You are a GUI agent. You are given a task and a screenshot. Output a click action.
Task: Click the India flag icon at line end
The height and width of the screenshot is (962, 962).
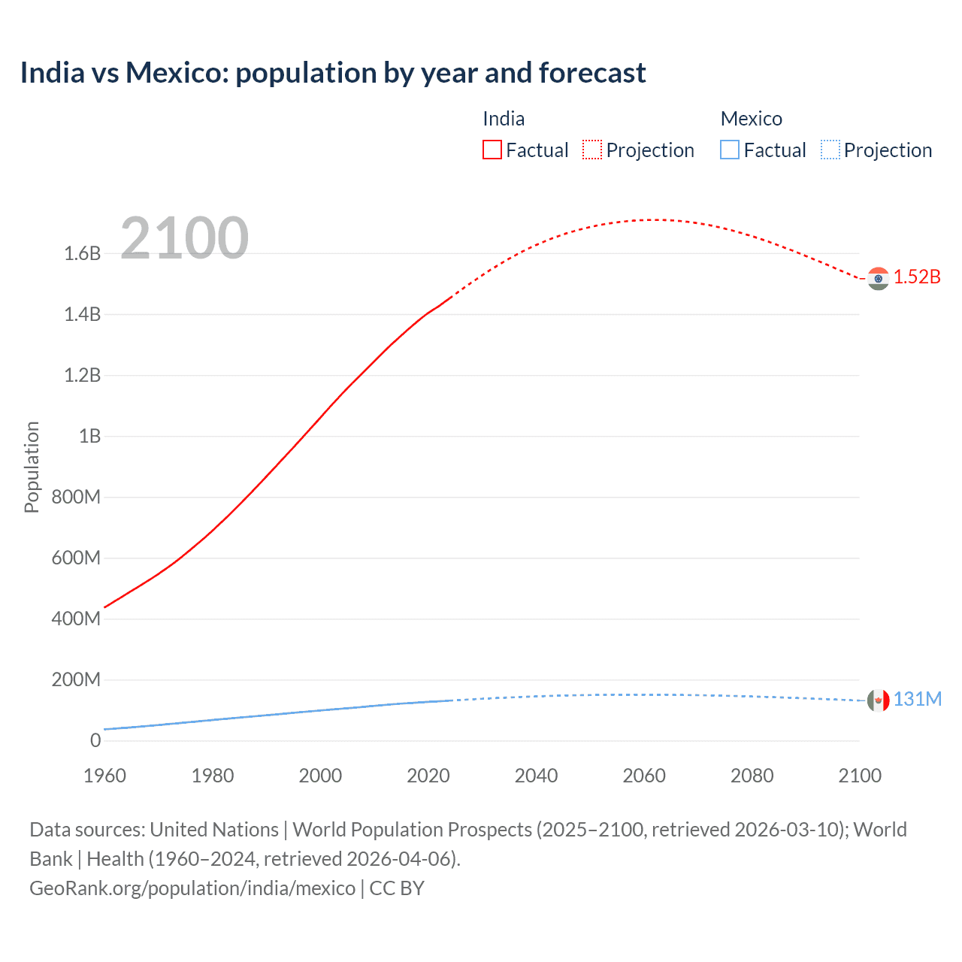(x=878, y=278)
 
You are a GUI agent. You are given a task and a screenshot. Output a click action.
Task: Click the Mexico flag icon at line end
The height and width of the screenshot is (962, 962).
(x=878, y=700)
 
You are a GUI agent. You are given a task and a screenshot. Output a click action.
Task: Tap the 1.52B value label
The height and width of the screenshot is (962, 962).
(x=917, y=277)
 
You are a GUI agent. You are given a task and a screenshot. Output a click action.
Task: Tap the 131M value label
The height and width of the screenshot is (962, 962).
(x=917, y=700)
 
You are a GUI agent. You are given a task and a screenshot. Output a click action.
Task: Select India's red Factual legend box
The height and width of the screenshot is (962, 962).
(x=492, y=150)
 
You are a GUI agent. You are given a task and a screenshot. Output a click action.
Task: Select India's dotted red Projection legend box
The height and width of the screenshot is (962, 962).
(x=592, y=150)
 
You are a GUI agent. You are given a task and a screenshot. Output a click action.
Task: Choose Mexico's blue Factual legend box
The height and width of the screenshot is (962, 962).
(x=730, y=150)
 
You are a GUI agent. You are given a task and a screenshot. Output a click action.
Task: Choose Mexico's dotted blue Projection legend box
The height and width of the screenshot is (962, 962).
(x=830, y=150)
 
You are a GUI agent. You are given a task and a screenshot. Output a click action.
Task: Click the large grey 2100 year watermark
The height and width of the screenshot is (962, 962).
(x=184, y=238)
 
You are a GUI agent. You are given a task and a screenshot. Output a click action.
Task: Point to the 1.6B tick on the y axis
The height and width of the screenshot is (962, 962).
(x=83, y=254)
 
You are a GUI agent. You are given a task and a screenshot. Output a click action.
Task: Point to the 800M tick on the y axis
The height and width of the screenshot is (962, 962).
(x=77, y=498)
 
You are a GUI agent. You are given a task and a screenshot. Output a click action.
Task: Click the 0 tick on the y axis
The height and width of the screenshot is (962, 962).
(x=95, y=741)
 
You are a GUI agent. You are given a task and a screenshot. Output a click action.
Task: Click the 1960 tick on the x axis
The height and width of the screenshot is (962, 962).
(x=104, y=776)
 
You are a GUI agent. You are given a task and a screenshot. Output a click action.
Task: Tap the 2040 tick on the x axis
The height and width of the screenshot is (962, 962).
(x=536, y=776)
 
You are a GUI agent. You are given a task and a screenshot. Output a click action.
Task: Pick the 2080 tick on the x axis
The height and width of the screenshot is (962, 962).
(x=752, y=776)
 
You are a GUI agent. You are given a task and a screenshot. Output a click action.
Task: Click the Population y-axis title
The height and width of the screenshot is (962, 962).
(x=32, y=467)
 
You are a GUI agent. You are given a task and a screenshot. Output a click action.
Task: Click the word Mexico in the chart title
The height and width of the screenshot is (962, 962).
(x=176, y=73)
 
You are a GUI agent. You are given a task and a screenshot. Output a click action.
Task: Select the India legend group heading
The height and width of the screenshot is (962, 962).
(x=504, y=119)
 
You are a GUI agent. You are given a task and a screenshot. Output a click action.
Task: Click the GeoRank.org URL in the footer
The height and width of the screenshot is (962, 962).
(x=192, y=888)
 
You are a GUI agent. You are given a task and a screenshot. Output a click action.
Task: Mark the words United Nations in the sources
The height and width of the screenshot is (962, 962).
(x=214, y=830)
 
